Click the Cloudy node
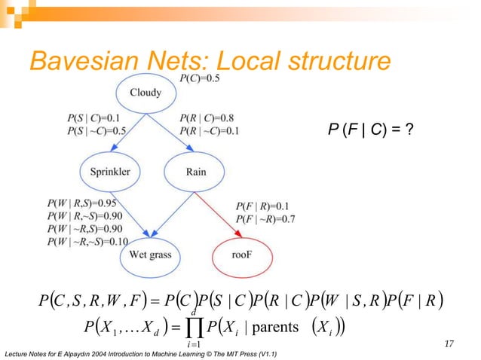[146, 93]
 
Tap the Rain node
[195, 172]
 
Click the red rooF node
[239, 255]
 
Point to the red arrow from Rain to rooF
[218, 215]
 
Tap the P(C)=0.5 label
[200, 78]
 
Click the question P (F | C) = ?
[371, 130]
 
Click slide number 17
[449, 344]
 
